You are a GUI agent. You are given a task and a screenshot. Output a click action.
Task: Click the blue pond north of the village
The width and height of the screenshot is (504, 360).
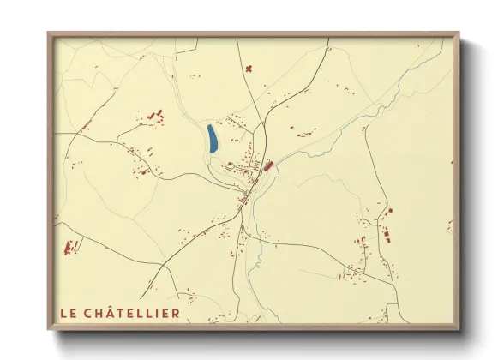click(211, 139)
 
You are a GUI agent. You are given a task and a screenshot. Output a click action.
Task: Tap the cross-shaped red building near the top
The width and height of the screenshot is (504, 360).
click(249, 68)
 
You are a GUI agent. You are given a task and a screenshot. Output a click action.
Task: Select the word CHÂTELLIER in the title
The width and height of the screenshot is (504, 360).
click(133, 314)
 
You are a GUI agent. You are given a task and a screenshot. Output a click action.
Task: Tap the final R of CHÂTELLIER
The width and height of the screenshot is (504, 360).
click(176, 314)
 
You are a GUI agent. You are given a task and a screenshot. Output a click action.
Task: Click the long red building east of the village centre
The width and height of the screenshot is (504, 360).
click(267, 166)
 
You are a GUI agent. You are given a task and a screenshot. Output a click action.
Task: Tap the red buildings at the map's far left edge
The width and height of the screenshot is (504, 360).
click(70, 248)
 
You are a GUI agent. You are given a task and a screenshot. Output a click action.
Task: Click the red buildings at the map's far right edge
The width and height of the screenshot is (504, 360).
click(449, 225)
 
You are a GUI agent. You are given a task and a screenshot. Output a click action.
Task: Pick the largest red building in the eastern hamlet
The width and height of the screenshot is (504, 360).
click(385, 232)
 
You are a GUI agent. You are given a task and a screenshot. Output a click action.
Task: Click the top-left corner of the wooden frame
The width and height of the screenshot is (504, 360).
click(48, 34)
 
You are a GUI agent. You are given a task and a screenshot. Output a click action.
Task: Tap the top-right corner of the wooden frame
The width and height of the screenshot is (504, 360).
click(459, 34)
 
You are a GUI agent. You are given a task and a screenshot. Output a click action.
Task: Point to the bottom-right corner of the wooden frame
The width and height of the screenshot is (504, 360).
click(459, 329)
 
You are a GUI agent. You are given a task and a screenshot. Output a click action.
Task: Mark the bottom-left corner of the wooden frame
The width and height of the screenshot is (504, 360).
click(48, 329)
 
